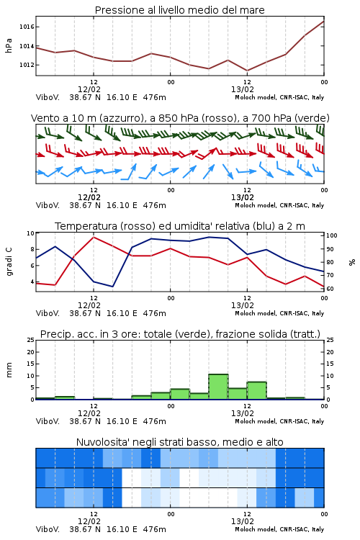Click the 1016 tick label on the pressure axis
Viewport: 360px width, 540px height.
click(27, 27)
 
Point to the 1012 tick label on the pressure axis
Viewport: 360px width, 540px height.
click(27, 65)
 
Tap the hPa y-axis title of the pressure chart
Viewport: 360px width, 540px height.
click(9, 45)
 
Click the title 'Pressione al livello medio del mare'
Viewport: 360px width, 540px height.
click(180, 10)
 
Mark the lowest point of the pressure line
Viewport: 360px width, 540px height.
click(247, 71)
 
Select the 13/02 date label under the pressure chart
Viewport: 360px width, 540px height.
click(243, 89)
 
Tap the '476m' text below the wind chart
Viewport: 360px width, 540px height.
click(154, 205)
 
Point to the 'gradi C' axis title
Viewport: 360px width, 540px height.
click(9, 262)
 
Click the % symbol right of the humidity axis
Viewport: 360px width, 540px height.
click(352, 262)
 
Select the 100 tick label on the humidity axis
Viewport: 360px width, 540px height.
click(332, 235)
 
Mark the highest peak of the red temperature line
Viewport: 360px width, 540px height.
click(94, 237)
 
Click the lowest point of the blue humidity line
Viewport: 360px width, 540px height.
click(112, 287)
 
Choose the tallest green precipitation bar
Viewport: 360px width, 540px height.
click(218, 387)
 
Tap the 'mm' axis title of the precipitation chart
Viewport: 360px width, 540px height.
click(9, 370)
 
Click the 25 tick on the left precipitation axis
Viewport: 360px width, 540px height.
click(31, 340)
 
